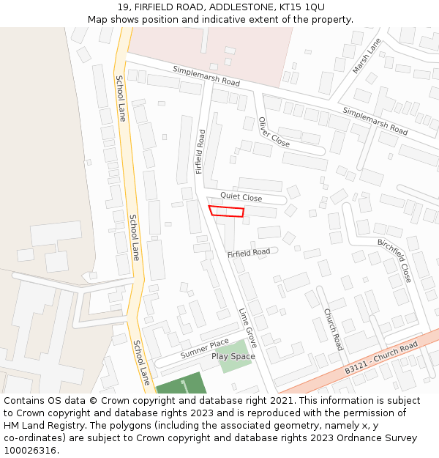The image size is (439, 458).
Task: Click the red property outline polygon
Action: point(227,212)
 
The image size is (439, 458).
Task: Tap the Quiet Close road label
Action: point(241,197)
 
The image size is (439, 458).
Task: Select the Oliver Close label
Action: point(274,132)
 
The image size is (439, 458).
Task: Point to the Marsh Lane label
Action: point(367,56)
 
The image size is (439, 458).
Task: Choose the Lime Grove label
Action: point(247,328)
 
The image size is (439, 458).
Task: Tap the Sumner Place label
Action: point(204,348)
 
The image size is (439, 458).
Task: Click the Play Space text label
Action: point(233,357)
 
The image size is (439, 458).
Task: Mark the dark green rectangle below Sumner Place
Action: point(180,384)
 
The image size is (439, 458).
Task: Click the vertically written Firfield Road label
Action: point(200,152)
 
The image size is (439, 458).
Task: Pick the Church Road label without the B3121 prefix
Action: point(333,329)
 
